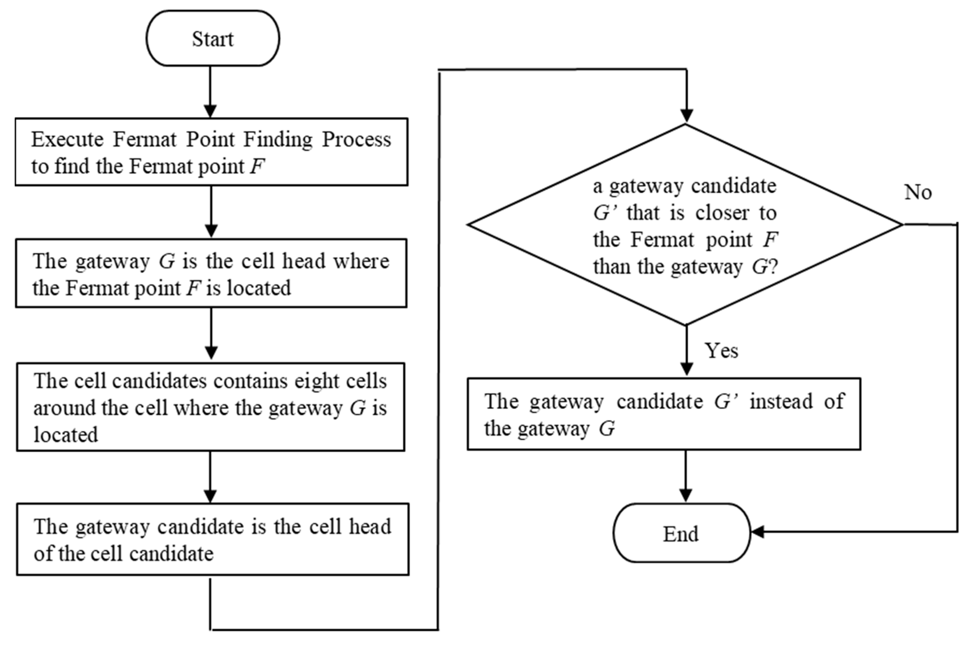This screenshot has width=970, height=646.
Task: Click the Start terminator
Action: point(212,38)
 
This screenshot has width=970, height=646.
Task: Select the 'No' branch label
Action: point(917,192)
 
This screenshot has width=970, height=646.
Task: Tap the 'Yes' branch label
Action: point(721,350)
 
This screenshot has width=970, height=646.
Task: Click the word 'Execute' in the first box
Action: point(67,139)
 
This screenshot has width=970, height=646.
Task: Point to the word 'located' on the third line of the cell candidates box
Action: point(66,435)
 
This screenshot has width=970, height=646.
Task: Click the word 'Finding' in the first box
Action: point(278,139)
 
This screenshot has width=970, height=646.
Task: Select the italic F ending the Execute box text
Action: point(257,166)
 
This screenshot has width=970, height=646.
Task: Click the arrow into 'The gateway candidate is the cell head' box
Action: point(210,478)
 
